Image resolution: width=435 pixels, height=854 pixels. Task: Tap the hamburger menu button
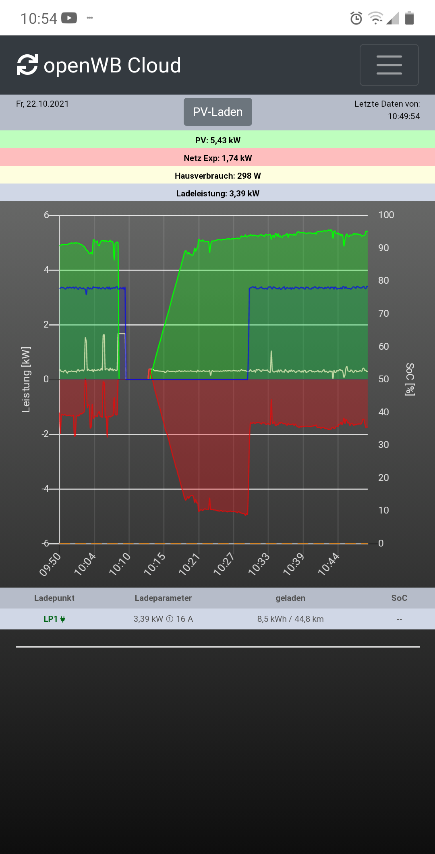click(389, 65)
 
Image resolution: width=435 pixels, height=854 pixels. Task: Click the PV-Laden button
click(217, 112)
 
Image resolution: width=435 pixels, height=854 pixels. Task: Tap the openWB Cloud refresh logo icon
click(27, 65)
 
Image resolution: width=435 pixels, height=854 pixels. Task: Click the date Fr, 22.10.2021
click(42, 104)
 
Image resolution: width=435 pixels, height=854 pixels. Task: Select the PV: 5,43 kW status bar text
click(217, 140)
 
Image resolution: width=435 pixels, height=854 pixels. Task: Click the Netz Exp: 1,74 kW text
click(217, 158)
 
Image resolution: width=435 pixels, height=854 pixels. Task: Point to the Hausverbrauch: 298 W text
click(217, 176)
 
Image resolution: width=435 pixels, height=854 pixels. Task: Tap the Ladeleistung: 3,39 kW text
click(217, 194)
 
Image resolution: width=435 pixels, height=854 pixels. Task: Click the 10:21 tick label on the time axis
click(189, 564)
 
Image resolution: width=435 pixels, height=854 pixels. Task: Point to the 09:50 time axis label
click(50, 564)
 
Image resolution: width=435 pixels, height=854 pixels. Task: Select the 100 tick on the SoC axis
click(386, 215)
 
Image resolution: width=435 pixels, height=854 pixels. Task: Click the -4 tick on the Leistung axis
click(46, 489)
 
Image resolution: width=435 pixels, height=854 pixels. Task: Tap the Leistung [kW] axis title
click(26, 380)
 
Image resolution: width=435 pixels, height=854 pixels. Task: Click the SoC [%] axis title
click(410, 380)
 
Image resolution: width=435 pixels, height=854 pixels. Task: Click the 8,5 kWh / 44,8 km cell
click(290, 619)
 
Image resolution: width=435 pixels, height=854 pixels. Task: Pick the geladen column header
click(290, 598)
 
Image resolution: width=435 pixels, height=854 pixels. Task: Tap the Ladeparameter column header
click(163, 598)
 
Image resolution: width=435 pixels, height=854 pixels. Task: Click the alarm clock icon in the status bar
click(356, 18)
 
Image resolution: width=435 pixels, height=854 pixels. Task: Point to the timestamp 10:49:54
click(404, 116)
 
